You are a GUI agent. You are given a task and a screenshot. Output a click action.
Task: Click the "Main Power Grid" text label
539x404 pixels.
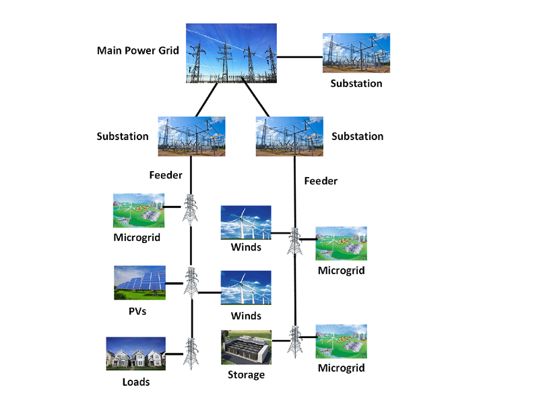tap(137, 50)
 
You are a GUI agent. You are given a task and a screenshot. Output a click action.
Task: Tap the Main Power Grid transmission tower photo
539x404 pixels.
tap(232, 53)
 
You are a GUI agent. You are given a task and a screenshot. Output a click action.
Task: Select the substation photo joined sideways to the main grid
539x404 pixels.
tap(356, 53)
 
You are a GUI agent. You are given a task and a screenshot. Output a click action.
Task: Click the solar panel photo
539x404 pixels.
tap(139, 282)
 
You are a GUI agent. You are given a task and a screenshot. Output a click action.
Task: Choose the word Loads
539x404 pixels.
tap(135, 382)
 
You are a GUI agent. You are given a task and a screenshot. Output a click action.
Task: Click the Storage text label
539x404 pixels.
tap(246, 374)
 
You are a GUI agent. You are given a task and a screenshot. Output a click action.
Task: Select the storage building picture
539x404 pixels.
tap(246, 347)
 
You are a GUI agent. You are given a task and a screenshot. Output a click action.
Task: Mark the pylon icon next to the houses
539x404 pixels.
tap(191, 353)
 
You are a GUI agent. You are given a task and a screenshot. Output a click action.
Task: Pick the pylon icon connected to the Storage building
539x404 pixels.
tap(294, 339)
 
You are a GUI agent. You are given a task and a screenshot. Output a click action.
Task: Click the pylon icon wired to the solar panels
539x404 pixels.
tap(191, 282)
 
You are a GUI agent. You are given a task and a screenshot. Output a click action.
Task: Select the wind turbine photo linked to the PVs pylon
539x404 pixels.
tap(246, 288)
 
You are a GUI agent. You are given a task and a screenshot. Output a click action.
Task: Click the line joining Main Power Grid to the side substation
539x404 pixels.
tap(300, 56)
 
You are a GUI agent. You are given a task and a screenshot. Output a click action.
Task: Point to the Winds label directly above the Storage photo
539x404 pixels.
tap(246, 316)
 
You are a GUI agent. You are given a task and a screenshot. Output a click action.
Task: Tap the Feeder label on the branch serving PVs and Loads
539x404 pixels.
tap(166, 175)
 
